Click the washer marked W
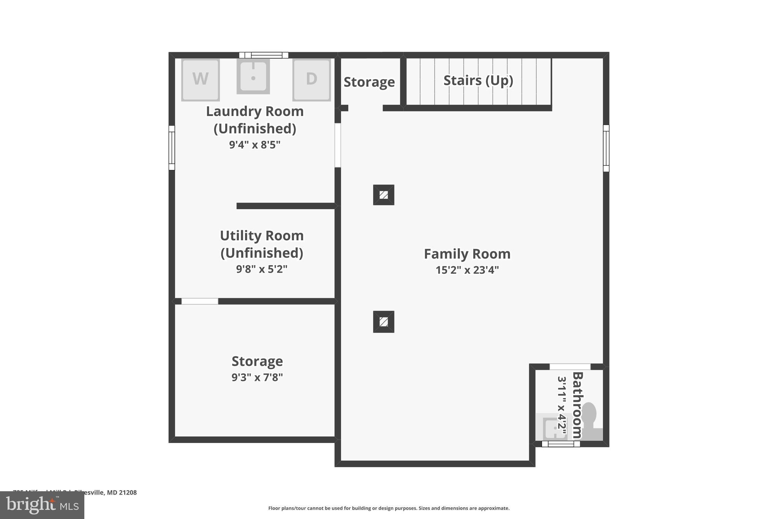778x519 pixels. (200, 79)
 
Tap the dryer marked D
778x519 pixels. (311, 79)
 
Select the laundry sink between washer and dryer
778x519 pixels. (253, 76)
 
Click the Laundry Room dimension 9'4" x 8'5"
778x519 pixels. (255, 145)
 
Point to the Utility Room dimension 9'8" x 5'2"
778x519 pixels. (261, 269)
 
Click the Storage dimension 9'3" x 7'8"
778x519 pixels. (257, 378)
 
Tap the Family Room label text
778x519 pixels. (467, 254)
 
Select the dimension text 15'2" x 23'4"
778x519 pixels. (467, 270)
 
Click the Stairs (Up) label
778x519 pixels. (478, 81)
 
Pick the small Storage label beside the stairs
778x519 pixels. (369, 82)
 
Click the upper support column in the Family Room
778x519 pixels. (383, 195)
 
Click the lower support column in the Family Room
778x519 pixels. (383, 322)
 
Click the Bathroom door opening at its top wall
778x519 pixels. (570, 367)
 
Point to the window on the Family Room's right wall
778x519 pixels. (606, 148)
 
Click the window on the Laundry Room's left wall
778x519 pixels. (172, 148)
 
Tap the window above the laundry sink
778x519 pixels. (264, 55)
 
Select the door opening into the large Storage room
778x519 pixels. (200, 301)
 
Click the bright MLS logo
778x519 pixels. (42, 505)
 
